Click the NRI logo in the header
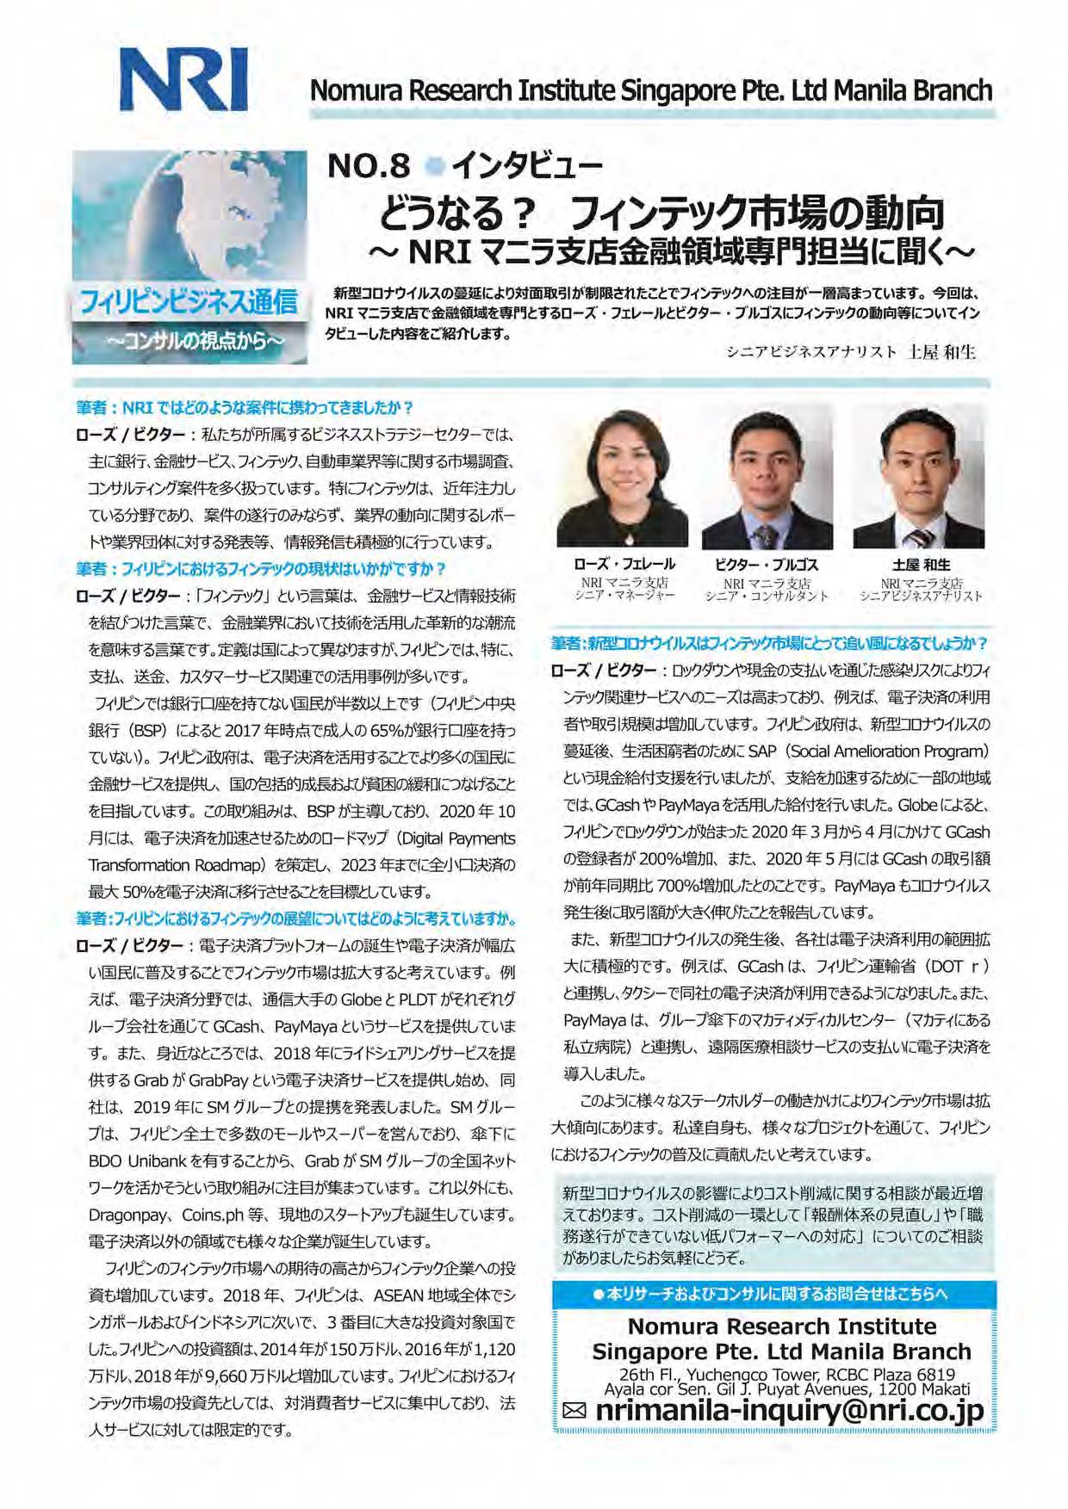[183, 79]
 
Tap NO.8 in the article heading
[369, 165]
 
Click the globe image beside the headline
[189, 215]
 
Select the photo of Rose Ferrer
[622, 477]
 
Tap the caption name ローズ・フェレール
[624, 565]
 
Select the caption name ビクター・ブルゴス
[767, 565]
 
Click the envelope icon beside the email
[574, 1411]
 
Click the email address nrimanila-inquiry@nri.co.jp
[789, 1410]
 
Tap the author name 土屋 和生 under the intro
[942, 352]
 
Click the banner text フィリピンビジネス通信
[189, 302]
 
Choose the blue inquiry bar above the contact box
[773, 1294]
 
